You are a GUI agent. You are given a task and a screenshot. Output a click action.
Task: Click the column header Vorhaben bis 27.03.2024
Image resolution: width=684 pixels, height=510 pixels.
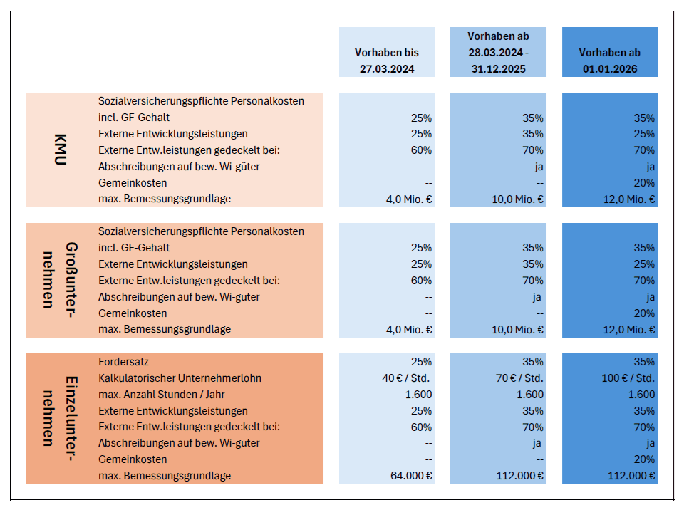[x=386, y=61]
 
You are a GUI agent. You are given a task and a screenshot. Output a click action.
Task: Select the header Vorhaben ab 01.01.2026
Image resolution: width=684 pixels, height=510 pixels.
[x=609, y=61]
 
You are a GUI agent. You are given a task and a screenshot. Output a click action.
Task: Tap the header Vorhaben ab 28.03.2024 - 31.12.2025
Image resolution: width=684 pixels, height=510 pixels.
[x=498, y=53]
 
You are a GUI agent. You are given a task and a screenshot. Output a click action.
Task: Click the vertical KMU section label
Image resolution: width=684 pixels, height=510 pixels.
[x=60, y=150]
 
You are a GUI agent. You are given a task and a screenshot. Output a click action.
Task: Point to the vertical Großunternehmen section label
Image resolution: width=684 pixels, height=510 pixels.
[x=60, y=280]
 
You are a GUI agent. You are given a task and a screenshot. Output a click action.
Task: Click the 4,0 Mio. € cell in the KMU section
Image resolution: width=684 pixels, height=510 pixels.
[x=409, y=199]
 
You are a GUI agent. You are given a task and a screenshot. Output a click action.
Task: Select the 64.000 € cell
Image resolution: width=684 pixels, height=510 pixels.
[x=411, y=476]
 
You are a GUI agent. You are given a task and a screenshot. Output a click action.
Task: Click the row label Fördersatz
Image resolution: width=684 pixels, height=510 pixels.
[x=123, y=362]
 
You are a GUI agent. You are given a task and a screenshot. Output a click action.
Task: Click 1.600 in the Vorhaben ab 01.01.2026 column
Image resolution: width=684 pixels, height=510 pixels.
[x=641, y=395]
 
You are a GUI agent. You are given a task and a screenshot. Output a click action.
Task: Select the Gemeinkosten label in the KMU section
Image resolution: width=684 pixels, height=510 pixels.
[x=133, y=183]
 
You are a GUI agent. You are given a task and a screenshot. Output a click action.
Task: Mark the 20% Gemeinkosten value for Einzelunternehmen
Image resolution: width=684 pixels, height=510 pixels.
[x=644, y=459]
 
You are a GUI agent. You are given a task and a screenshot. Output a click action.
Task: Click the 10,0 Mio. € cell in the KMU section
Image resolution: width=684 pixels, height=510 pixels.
[x=518, y=199]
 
